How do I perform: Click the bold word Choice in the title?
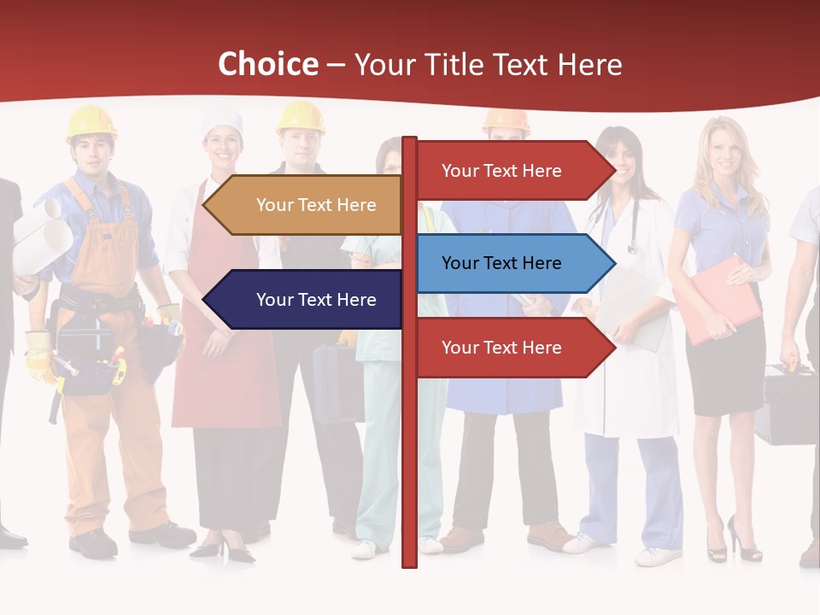(267, 64)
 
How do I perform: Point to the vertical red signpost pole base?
(409, 555)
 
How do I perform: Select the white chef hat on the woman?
(223, 121)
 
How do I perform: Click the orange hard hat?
(507, 120)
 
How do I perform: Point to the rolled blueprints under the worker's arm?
(43, 226)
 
